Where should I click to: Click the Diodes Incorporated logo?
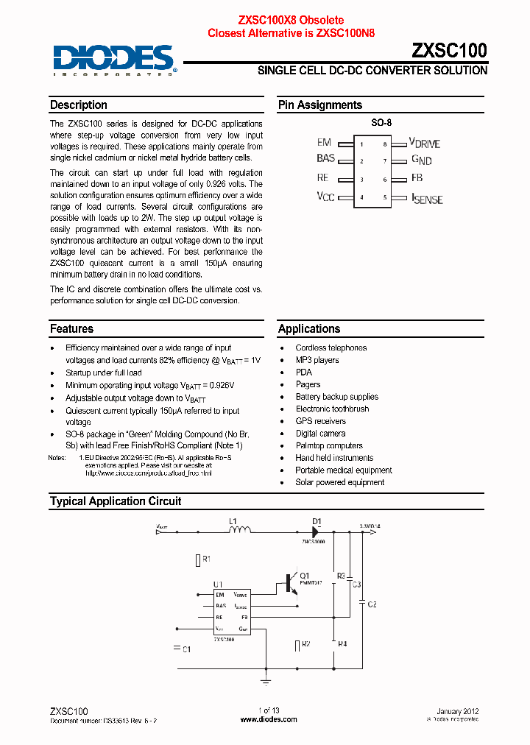coord(114,60)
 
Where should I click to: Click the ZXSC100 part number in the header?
coord(448,50)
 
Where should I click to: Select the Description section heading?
coord(79,105)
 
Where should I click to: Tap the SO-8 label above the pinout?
coord(381,124)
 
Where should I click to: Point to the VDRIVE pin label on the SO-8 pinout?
coord(425,143)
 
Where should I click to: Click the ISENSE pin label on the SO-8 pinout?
coord(427,198)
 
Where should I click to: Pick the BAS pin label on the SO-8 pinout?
coord(325,158)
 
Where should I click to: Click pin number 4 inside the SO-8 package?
coord(361,197)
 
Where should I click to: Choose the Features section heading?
coord(71,329)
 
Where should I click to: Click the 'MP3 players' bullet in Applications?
coord(317,360)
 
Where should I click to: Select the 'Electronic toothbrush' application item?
coord(332,409)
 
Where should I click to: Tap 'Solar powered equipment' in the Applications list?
coord(339,482)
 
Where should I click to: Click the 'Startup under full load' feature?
coord(104,373)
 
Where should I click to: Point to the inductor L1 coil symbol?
coord(239,529)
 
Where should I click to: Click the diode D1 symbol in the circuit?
coord(317,529)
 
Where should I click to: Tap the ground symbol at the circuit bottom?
coord(266,682)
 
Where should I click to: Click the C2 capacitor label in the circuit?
coord(372,604)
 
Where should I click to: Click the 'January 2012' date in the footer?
coord(457,711)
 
